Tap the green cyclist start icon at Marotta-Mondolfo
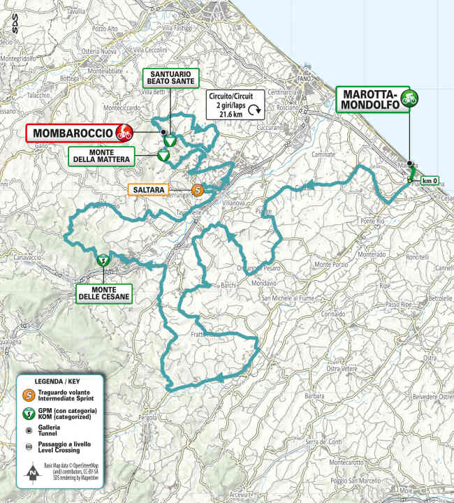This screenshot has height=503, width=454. pyautogui.click(x=411, y=99)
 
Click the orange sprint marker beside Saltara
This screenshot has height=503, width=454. pyautogui.click(x=198, y=189)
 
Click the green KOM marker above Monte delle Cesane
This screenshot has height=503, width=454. pyautogui.click(x=103, y=260)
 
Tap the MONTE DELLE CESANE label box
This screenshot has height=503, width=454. pyautogui.click(x=103, y=293)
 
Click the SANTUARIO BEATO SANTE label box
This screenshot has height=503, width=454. pyautogui.click(x=170, y=77)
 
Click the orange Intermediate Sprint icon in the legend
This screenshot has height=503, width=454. pyautogui.click(x=29, y=394)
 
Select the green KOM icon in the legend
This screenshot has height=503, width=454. pyautogui.click(x=29, y=414)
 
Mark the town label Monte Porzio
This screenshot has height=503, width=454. pyautogui.click(x=332, y=264)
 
